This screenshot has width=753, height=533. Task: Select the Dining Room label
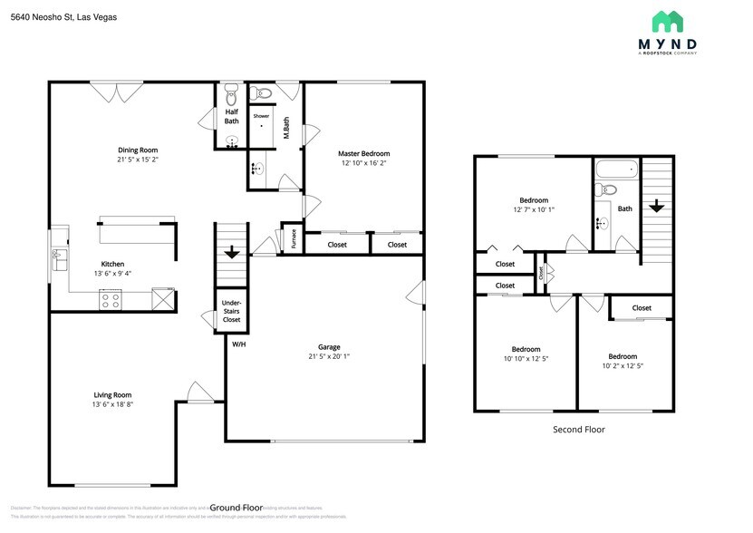pos(138,150)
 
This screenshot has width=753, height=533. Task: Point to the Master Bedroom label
pos(363,153)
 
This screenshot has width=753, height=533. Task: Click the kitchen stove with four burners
pos(111,299)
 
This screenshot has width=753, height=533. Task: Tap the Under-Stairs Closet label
pos(231,310)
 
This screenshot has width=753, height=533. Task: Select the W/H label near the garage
pos(238,344)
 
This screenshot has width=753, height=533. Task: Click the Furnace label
pos(294,238)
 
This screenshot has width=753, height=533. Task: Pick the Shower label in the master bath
pos(261,116)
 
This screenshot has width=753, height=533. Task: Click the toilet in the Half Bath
pos(231,95)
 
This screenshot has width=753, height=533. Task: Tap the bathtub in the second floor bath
pos(617,170)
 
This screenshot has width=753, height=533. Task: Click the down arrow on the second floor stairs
pos(656,206)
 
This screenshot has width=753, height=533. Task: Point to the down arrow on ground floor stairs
pos(232,252)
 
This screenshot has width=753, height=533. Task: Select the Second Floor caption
pos(578,430)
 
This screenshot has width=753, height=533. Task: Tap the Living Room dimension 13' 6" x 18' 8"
pos(113,405)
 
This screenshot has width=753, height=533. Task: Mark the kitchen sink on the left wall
pos(57,255)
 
